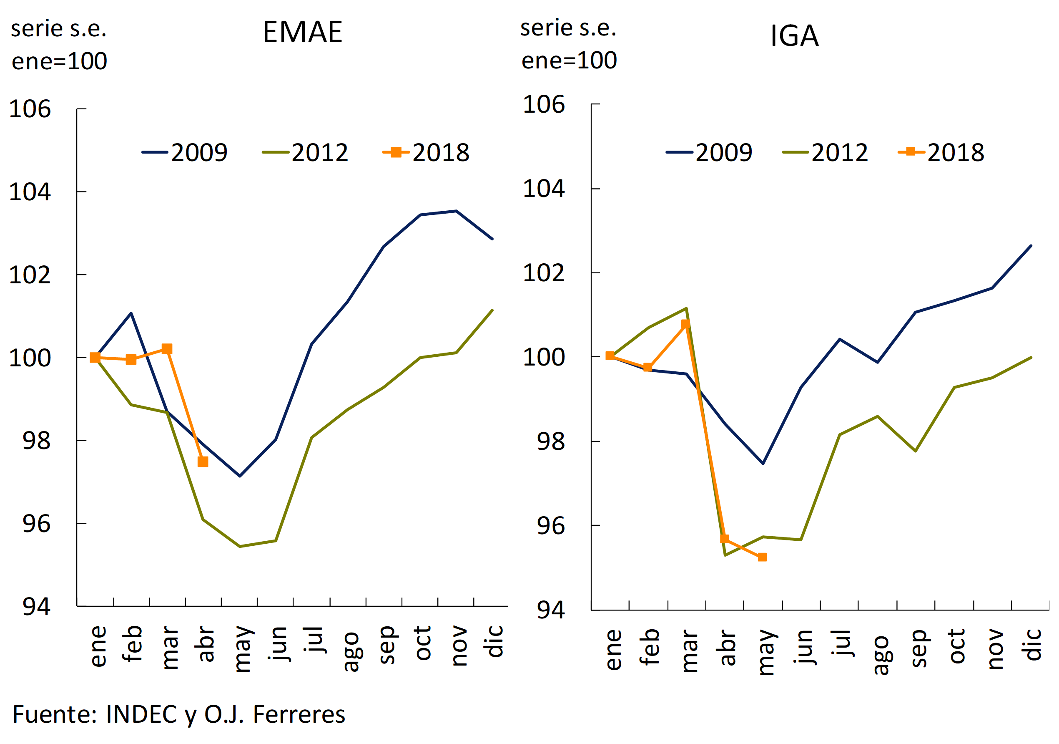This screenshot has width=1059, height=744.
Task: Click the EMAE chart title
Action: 302,32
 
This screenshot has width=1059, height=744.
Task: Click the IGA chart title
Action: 794,36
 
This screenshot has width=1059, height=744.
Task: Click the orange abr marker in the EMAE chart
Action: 203,462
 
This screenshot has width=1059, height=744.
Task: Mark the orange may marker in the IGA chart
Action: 763,557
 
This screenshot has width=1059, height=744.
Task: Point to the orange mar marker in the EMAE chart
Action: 167,349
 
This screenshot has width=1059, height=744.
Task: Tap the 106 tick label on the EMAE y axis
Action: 30,109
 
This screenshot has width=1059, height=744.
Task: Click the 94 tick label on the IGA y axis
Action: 551,610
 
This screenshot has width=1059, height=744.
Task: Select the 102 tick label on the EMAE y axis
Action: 30,275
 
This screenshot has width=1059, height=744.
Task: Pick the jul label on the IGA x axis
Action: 842,643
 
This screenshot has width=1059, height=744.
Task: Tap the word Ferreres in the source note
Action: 299,715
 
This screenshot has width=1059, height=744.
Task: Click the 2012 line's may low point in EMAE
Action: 239,547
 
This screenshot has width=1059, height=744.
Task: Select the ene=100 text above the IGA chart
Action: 569,61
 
